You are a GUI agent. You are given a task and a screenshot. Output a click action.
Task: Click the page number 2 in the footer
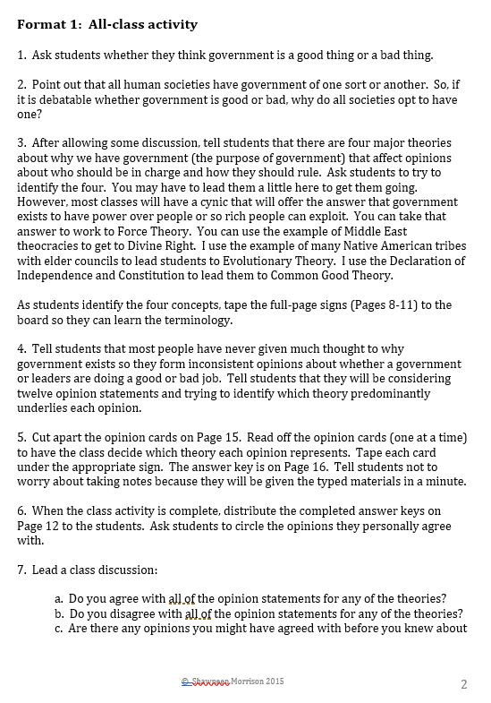pos(464,685)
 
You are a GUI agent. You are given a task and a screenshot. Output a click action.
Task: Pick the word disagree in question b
pos(132,613)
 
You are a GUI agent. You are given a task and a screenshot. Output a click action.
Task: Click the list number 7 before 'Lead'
pos(21,570)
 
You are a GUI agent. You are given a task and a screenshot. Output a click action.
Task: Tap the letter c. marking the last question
pos(59,628)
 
